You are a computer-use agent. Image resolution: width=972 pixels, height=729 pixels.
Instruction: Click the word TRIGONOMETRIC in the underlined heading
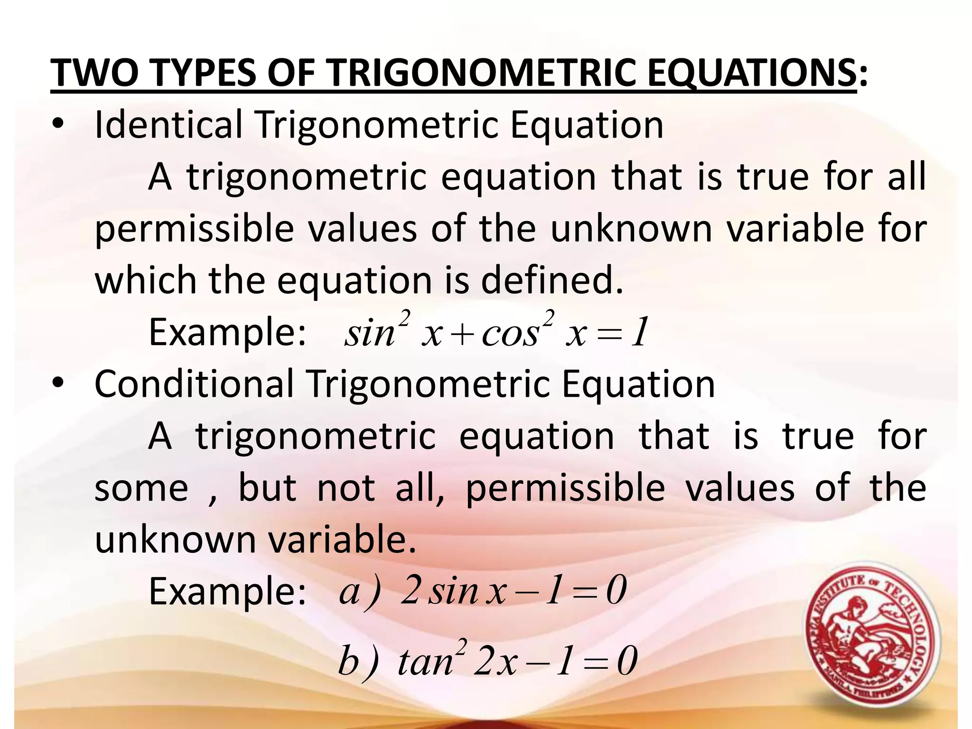coord(481,74)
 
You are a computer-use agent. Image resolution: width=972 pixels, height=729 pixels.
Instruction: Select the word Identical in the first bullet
coord(168,125)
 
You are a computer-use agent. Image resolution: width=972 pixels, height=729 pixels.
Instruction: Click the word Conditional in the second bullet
coord(194,384)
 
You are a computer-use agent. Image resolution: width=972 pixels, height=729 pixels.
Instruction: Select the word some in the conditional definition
coord(141,488)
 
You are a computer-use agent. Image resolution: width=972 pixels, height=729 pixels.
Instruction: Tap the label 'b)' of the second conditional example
coord(359,661)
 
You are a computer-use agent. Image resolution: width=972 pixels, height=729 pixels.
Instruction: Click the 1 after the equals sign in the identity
coord(641,333)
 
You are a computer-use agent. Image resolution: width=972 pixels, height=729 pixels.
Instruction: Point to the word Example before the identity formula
coord(227,333)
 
